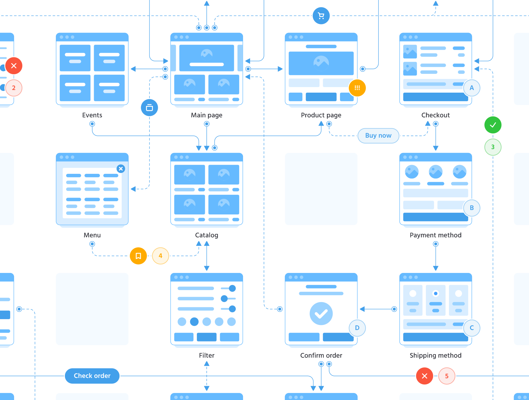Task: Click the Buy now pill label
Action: coord(378,136)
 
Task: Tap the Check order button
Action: coord(92,376)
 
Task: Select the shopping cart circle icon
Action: coord(321,16)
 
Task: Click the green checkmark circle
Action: coord(493,125)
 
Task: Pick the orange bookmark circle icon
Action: coord(138,256)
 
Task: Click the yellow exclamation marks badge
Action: coord(357,88)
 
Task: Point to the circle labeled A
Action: coord(472,88)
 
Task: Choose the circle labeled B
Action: coord(472,208)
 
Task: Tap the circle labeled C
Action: coord(472,328)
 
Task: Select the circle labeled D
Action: coord(357,328)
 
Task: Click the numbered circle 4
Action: coord(160,256)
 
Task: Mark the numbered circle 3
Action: coord(493,147)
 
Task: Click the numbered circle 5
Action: coord(447,376)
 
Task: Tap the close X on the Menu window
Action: coord(121,169)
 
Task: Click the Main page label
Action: coord(207,115)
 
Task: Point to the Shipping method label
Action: coord(436,356)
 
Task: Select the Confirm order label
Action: coord(321,356)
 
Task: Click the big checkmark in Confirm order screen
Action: coord(321,314)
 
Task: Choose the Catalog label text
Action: coord(207,235)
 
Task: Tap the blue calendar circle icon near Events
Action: coord(149,108)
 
